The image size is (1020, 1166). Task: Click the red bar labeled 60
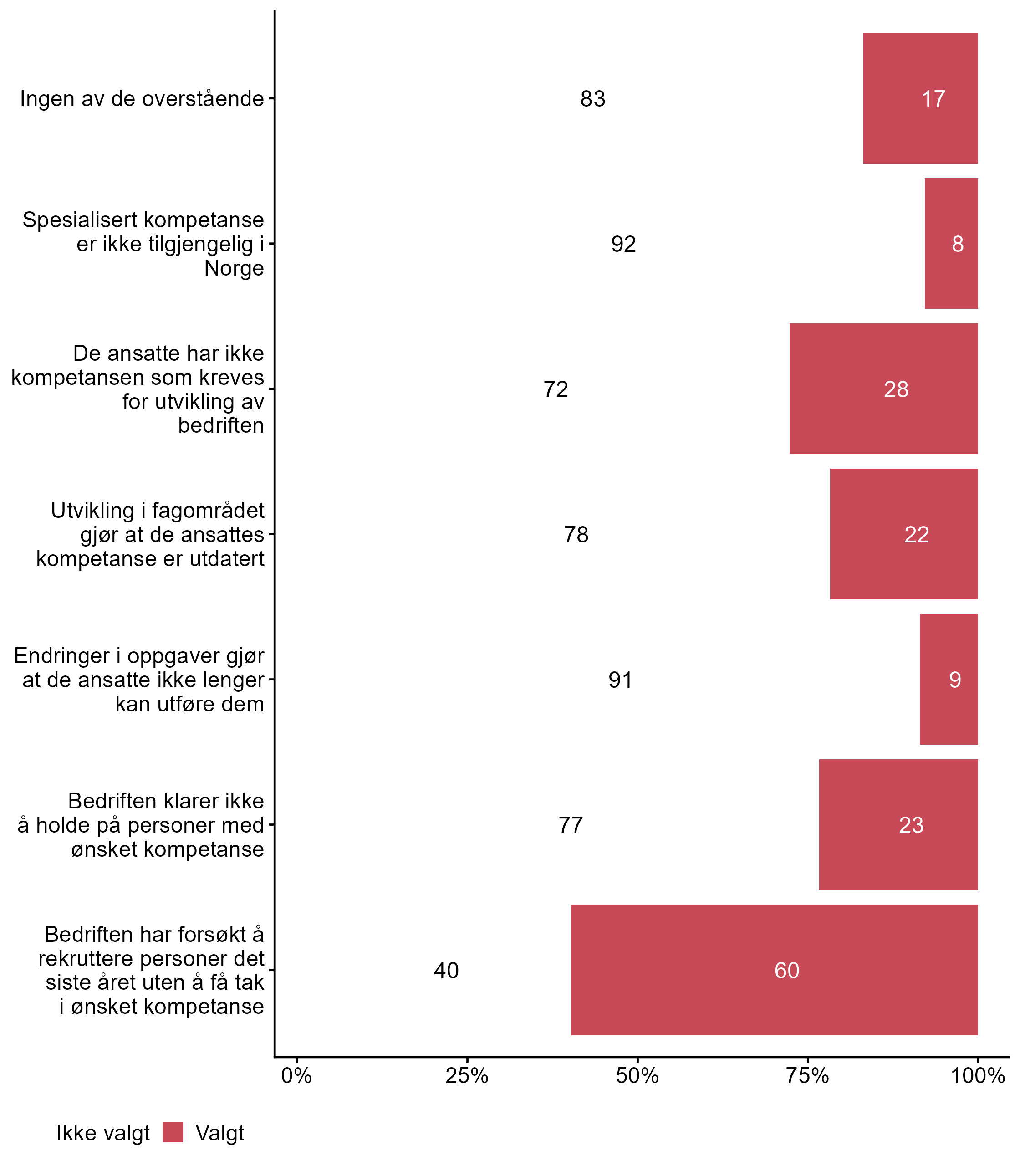coord(774,970)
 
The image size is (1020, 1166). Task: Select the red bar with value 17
coord(920,98)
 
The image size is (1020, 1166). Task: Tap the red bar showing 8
coord(951,244)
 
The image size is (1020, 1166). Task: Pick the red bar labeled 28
coord(883,389)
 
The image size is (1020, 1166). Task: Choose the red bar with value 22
coord(904,534)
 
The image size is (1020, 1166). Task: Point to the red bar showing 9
coord(949,679)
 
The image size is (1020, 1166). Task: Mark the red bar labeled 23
coord(898,824)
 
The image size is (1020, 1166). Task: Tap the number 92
coord(623,244)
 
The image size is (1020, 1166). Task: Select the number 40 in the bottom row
coord(446,970)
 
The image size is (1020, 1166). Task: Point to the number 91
coord(620,680)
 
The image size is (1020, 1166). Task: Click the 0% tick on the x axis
coord(296,1075)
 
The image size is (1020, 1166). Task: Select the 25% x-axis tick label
coord(467,1075)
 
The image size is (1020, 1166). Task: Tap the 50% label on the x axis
coord(637,1075)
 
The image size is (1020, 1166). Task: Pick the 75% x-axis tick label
coord(807,1075)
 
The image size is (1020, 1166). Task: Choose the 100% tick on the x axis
coord(978,1075)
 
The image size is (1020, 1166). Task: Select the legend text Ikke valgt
coord(103,1133)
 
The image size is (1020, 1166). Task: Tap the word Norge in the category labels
coord(234,268)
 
